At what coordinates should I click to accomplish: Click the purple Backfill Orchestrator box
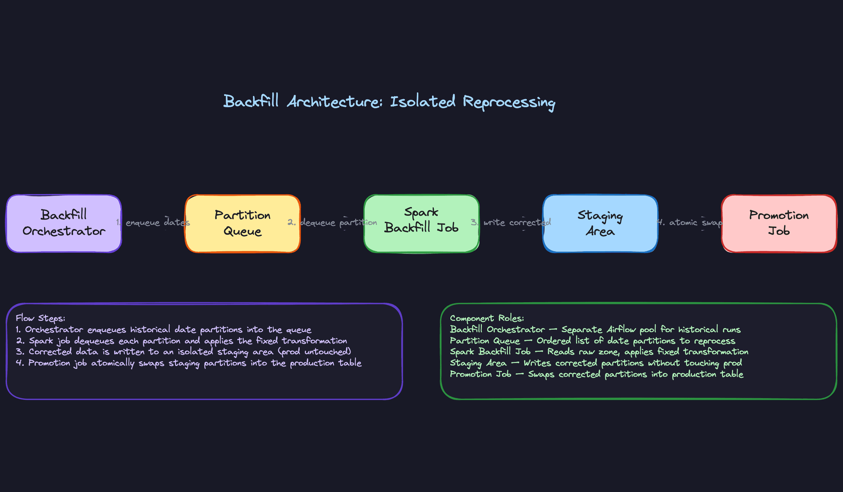coord(64,223)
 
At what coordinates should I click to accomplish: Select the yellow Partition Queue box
coord(242,223)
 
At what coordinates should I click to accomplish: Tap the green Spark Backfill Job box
coord(421,223)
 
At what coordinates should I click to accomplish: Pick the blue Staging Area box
coord(600,223)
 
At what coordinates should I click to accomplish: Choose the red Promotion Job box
coord(778,223)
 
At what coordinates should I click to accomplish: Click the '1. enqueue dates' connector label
coord(153,222)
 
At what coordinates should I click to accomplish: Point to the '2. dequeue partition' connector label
coord(332,222)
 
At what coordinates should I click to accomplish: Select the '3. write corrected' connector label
coord(511,222)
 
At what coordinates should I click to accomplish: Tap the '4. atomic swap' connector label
coord(690,222)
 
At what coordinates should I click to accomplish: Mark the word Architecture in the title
coord(335,101)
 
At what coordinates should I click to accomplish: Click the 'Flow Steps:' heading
coord(40,318)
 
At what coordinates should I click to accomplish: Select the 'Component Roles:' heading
coord(487,318)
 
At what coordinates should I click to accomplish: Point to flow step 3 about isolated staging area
coord(184,352)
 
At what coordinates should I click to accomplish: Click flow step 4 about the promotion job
coord(189,363)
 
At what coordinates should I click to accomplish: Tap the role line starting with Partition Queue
coord(592,341)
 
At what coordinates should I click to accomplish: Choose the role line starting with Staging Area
coord(596,363)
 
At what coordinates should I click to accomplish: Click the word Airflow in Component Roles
coord(621,329)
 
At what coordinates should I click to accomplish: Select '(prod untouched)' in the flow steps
coord(315,352)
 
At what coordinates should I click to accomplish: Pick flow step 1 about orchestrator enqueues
coord(164,329)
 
